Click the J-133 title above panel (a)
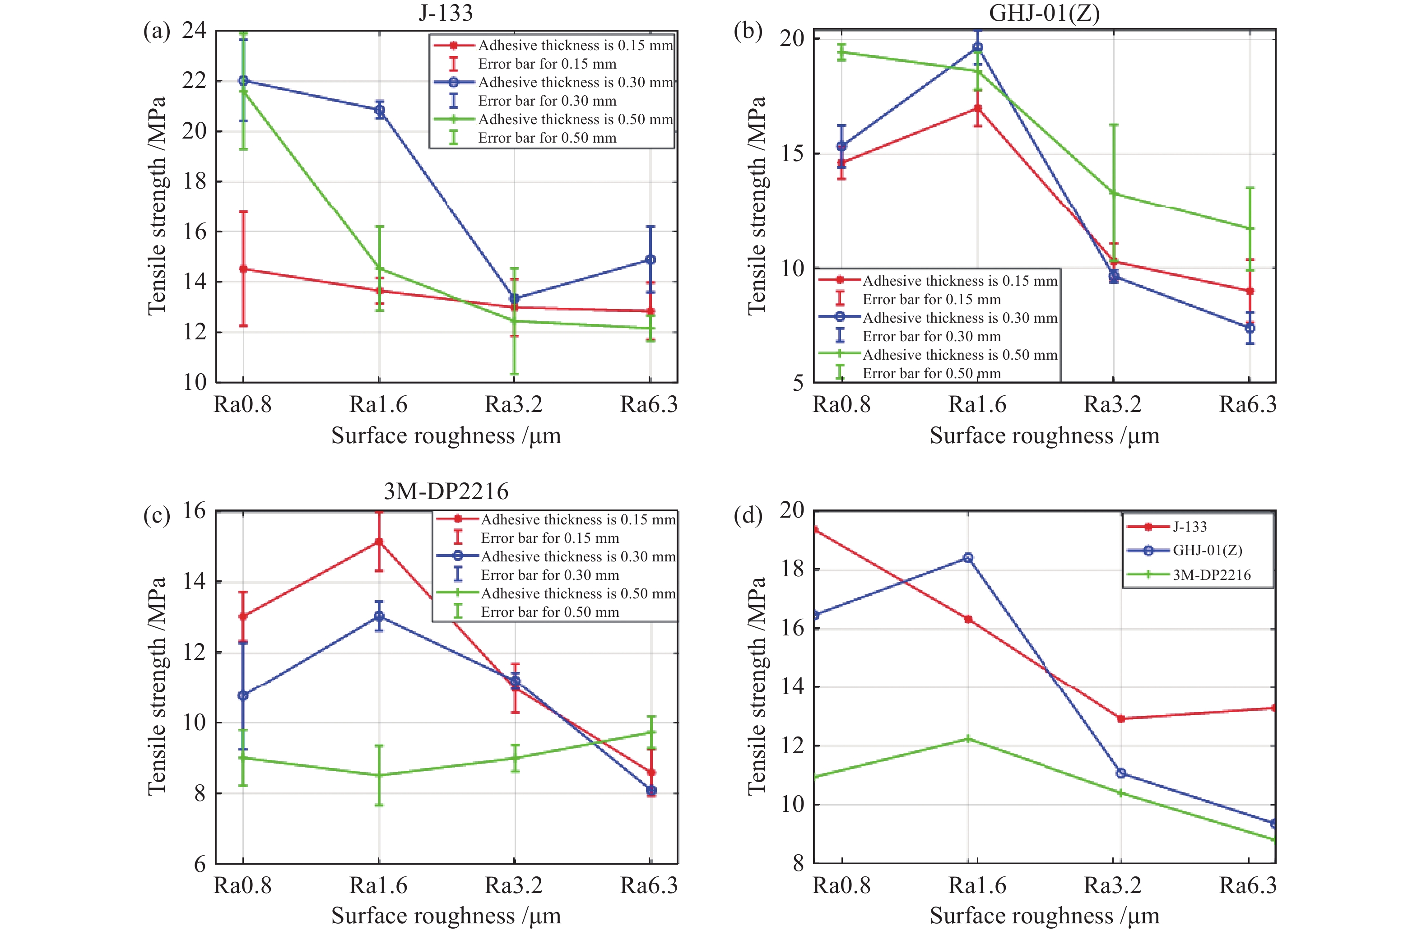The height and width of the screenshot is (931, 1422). coord(446,13)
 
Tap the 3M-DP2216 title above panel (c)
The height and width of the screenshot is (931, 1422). coord(446,491)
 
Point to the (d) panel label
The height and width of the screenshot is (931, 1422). coord(748,515)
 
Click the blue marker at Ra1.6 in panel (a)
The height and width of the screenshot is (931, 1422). coord(379,110)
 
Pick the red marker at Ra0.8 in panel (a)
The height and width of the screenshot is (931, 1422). coord(243,269)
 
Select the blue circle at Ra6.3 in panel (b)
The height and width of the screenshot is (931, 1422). coord(1250,328)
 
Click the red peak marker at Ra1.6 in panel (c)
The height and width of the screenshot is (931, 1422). coord(379,542)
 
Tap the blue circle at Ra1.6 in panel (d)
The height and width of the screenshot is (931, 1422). coord(968,558)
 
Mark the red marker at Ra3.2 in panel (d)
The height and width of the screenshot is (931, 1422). coord(1120,718)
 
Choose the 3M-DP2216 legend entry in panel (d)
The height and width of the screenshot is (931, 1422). coord(1211,575)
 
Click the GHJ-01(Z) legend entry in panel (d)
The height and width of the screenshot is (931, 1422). coord(1207,551)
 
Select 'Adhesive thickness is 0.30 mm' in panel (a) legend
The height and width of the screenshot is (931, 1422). coord(576,83)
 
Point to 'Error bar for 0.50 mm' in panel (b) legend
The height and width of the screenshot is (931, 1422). coord(931,373)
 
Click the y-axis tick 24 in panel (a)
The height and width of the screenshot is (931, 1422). coord(194,30)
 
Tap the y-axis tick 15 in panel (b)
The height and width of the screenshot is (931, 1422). coord(793,153)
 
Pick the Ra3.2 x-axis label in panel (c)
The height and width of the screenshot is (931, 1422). coord(513,885)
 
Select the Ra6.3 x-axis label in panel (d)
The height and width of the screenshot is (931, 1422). coord(1248,885)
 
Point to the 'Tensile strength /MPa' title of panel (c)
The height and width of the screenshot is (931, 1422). coord(157,686)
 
